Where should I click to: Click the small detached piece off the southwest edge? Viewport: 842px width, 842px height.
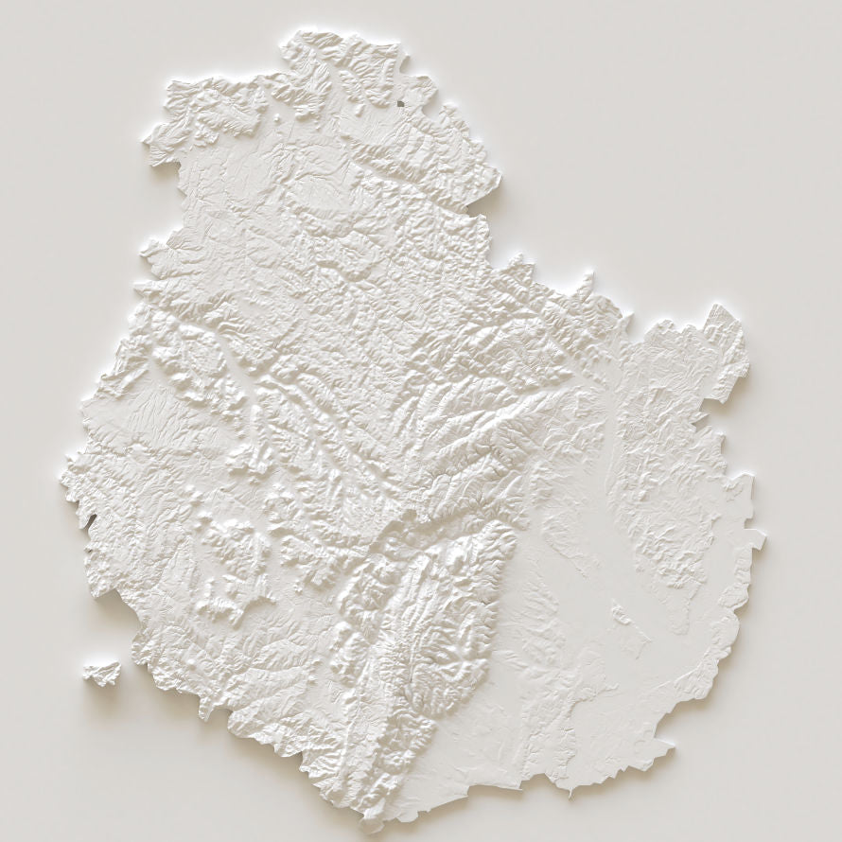pyautogui.click(x=102, y=672)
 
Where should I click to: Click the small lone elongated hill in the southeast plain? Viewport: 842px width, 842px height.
pyautogui.click(x=622, y=616)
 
